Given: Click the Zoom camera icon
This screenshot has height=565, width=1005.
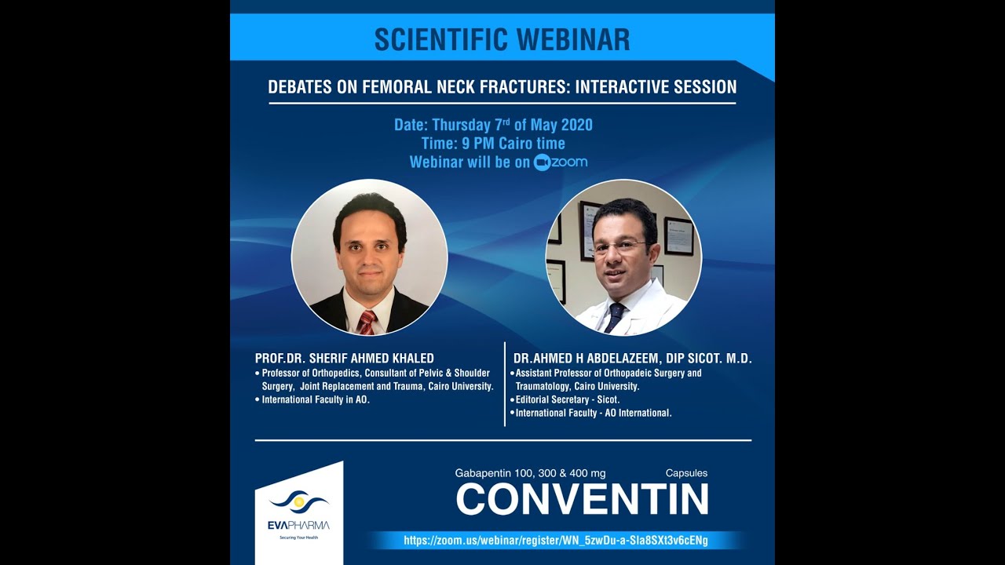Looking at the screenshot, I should (542, 162).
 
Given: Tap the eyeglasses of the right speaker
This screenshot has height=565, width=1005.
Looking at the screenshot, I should (619, 246).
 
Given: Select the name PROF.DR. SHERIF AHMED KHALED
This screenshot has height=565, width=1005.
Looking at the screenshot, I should (345, 359).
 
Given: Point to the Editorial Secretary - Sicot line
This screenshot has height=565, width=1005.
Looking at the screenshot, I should (567, 399).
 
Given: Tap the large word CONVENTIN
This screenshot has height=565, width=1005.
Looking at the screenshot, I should (582, 499).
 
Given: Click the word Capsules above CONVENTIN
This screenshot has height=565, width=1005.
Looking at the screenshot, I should (686, 473).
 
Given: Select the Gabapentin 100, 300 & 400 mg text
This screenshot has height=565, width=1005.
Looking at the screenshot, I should (530, 473).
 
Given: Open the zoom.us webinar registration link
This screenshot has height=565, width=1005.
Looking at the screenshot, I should (556, 541).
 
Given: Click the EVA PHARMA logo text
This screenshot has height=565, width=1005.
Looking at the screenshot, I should (299, 525).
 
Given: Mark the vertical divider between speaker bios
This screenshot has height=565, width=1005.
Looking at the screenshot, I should (504, 384).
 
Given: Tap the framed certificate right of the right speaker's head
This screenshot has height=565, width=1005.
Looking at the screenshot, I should (678, 235).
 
